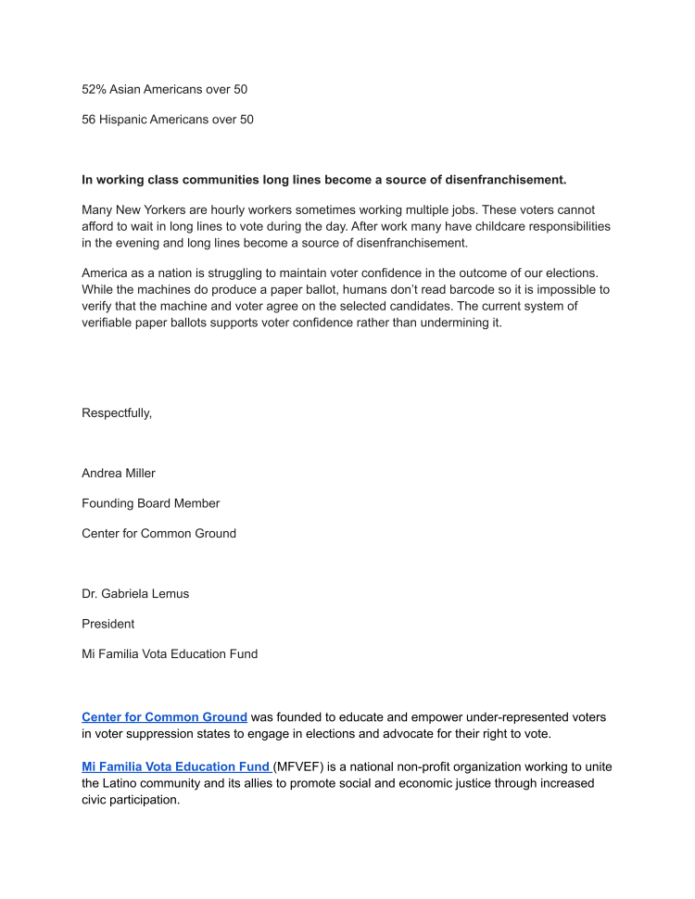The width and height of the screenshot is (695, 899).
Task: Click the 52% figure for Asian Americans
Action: coord(94,90)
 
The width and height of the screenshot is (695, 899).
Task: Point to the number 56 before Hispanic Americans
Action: coord(89,120)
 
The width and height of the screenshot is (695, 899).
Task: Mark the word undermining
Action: coord(449,323)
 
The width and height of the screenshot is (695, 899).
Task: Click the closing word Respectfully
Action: coord(117,413)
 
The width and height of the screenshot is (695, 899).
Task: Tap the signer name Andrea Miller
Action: coord(119,474)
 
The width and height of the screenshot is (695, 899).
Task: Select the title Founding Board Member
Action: coord(151,503)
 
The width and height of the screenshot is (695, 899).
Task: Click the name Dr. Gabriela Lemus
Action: coord(135,594)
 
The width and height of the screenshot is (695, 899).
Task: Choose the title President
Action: coord(108,624)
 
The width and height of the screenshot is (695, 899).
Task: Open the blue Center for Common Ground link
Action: coord(164,717)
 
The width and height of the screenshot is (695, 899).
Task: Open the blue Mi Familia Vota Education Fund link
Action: coord(176,766)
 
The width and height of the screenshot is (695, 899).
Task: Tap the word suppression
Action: coord(159,734)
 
